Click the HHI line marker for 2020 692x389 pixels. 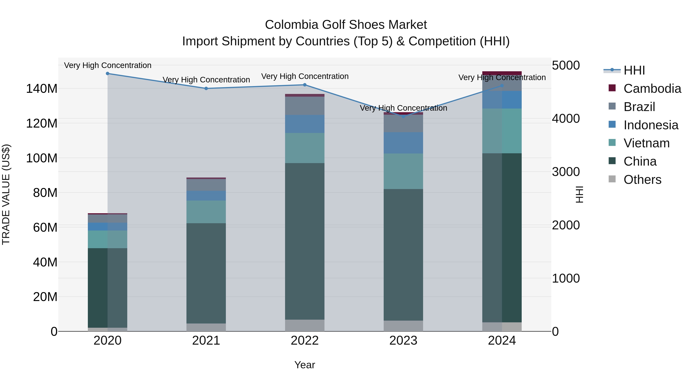107,74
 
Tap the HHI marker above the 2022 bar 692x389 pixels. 305,85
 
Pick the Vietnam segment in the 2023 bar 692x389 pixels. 403,171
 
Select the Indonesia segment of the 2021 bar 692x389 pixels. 206,196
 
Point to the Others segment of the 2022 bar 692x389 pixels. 305,325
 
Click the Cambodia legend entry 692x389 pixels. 652,89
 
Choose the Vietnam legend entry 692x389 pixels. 646,143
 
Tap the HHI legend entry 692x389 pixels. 634,70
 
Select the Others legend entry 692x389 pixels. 642,180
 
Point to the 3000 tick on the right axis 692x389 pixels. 566,172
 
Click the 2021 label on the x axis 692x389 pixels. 206,341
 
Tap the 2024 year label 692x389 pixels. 502,341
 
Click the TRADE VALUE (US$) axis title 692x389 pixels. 6,194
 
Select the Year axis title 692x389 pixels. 305,365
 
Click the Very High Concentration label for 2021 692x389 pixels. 206,80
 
